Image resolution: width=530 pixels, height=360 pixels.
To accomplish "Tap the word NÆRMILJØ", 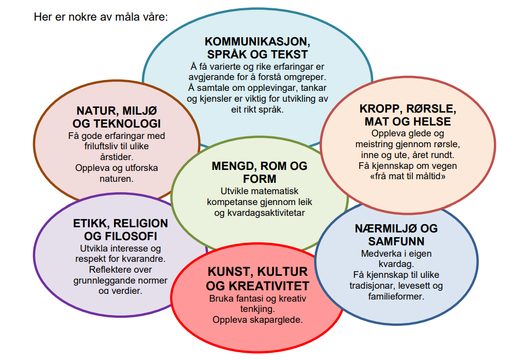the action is point(386,228).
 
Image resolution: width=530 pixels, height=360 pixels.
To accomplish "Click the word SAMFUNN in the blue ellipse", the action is point(396,241).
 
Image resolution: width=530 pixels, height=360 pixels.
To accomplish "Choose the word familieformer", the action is point(396,296).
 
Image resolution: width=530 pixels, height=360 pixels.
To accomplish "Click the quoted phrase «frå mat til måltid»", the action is point(408,176).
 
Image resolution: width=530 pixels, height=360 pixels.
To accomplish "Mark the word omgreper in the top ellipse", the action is point(305,77).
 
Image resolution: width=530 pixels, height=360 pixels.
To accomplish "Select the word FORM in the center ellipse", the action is point(260,179).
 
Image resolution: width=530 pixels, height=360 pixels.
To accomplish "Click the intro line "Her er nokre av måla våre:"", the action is point(101,17).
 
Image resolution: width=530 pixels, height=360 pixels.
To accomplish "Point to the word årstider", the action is point(117,157).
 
